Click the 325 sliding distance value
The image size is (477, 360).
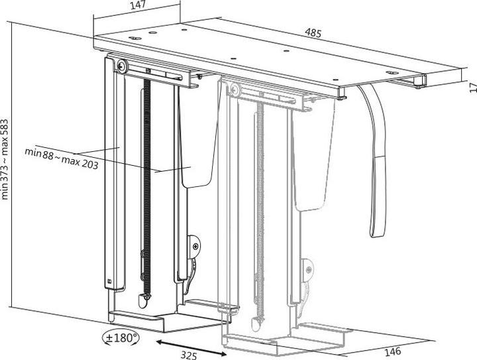click(188, 354)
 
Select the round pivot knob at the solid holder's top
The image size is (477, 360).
click(123, 66)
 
